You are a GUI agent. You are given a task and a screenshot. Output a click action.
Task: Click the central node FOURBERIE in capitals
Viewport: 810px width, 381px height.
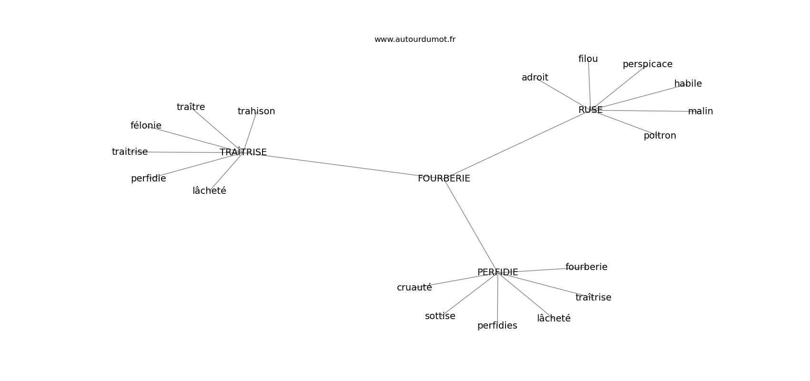pos(444,179)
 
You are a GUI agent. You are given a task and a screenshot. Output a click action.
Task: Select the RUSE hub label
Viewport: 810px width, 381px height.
pos(590,110)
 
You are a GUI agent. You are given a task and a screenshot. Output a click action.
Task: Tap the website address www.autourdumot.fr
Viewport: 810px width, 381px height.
pos(415,40)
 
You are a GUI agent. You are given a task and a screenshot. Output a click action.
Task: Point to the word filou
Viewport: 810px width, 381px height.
pos(588,59)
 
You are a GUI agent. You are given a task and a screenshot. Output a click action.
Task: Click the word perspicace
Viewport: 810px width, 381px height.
pos(647,65)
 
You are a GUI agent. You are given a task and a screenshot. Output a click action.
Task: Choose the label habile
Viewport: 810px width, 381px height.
pos(688,83)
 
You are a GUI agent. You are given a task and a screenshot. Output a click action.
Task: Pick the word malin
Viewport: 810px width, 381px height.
pos(700,111)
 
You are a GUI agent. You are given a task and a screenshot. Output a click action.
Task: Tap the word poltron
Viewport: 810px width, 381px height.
pos(659,136)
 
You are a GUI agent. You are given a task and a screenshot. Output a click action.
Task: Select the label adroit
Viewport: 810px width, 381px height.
pos(535,77)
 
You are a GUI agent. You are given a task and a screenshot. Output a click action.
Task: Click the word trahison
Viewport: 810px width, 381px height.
pos(256,111)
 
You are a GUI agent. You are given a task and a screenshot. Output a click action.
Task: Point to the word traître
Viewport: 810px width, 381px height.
pos(191,107)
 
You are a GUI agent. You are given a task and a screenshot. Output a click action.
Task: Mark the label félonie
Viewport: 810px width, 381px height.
pos(146,125)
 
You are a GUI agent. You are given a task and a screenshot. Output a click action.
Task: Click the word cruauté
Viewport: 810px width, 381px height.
pos(414,288)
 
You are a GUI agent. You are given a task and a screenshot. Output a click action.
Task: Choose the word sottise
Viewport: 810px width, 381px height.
pos(440,316)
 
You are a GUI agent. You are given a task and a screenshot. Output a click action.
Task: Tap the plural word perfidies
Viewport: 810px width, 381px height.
pos(497,326)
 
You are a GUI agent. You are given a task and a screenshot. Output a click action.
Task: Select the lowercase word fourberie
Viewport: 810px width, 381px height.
pos(586,267)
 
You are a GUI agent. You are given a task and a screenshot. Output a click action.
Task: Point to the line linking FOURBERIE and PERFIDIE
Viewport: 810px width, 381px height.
pos(470,226)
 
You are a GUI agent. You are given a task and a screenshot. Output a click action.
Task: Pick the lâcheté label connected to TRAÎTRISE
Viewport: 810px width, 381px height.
pos(209,191)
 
